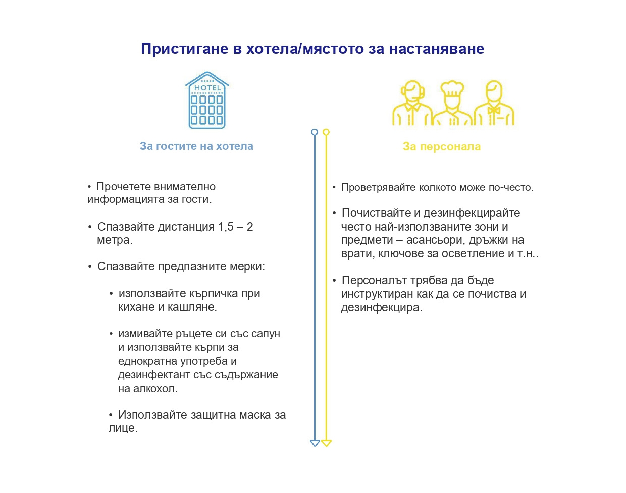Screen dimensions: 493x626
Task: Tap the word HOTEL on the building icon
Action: (207, 88)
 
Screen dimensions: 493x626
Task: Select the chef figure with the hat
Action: (452, 103)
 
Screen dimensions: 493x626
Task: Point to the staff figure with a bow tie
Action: (494, 103)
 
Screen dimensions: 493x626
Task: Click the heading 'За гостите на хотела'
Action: (196, 146)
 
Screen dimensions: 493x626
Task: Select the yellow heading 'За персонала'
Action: (442, 147)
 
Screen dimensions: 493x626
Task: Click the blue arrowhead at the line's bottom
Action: (315, 443)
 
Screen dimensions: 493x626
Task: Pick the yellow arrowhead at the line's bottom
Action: (326, 443)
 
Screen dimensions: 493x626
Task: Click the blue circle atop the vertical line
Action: (315, 132)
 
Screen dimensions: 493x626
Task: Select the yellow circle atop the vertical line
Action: (326, 132)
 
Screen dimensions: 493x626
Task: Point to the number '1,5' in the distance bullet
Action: (226, 227)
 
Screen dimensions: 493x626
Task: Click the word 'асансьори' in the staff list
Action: (439, 240)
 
